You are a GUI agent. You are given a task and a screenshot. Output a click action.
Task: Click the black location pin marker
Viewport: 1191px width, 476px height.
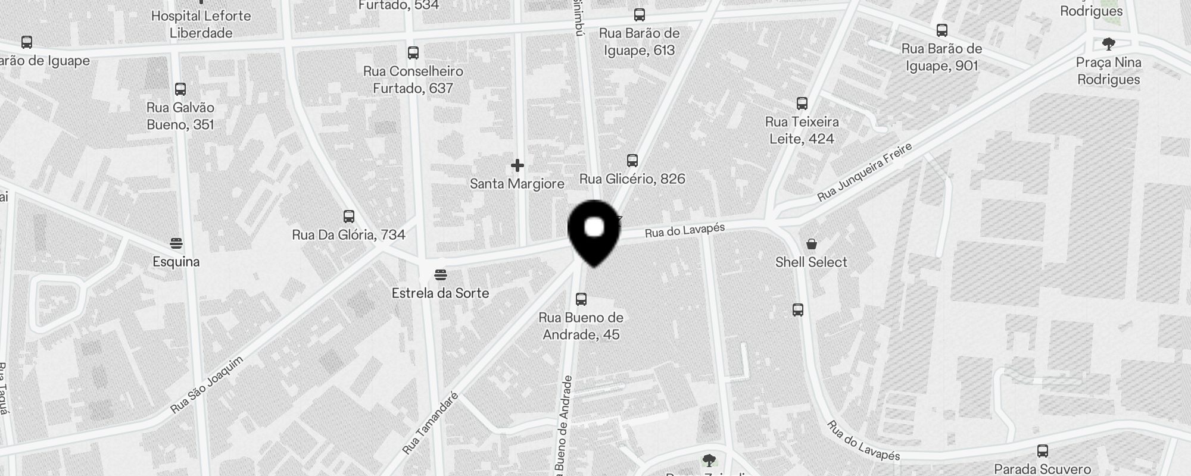click(x=594, y=232)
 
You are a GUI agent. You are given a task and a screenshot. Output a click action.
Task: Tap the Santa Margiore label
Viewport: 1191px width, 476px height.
click(x=517, y=184)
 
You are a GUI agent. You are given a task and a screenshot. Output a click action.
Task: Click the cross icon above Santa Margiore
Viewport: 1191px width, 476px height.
click(x=517, y=165)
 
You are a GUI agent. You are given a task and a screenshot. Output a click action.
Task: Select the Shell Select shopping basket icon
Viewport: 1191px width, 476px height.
click(x=811, y=244)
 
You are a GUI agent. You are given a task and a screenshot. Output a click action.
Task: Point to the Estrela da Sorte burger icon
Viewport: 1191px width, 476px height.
click(x=441, y=274)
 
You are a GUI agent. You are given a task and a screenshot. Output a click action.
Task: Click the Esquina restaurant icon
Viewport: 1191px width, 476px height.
click(x=176, y=243)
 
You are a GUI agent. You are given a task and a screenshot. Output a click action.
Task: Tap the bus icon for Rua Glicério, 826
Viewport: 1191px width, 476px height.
click(x=632, y=160)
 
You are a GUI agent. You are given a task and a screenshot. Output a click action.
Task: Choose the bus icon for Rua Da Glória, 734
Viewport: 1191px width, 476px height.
click(x=349, y=216)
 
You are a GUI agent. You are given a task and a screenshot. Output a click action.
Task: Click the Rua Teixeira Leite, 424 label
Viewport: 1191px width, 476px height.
click(x=802, y=130)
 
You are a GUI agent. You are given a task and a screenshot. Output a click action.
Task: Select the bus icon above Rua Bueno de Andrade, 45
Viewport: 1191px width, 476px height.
click(x=581, y=299)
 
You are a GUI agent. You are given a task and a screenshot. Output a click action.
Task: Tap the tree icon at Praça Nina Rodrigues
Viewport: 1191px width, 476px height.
click(x=1108, y=43)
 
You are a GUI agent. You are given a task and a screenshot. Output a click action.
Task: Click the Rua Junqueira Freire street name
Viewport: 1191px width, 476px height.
click(x=865, y=172)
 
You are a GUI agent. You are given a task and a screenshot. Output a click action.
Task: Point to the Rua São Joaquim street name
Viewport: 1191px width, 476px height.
click(x=207, y=385)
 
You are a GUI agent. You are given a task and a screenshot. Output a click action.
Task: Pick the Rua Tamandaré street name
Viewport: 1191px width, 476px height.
click(x=430, y=423)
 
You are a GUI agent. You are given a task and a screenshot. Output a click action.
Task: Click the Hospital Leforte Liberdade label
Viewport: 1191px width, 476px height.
click(x=201, y=24)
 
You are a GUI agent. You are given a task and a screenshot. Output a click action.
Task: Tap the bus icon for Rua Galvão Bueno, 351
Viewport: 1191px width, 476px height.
click(x=180, y=89)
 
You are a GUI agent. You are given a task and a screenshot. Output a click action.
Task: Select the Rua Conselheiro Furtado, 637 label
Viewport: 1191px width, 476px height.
click(x=413, y=80)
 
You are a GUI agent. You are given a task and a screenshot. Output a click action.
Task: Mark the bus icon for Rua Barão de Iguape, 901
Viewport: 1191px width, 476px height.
click(x=942, y=30)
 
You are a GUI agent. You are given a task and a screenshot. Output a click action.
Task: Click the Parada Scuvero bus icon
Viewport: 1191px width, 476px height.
click(x=1043, y=451)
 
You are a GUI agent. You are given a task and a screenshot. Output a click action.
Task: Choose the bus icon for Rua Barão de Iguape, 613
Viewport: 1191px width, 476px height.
click(x=640, y=15)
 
